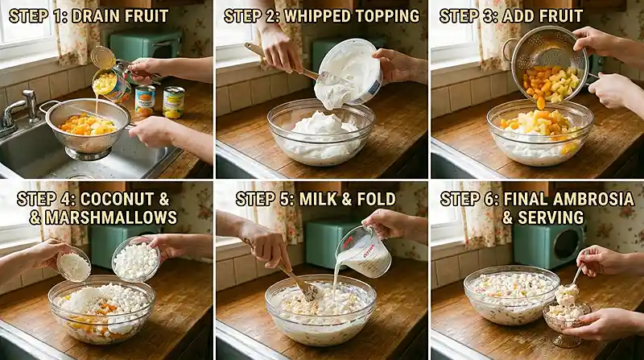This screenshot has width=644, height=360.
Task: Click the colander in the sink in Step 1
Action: [88, 128]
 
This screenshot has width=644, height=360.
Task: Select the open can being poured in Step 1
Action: [110, 86]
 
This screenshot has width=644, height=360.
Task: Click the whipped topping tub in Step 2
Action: [349, 74]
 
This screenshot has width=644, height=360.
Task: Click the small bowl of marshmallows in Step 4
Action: [135, 259]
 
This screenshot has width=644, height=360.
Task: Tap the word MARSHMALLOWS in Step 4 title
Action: [110, 217]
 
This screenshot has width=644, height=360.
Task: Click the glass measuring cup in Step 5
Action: [365, 251]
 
